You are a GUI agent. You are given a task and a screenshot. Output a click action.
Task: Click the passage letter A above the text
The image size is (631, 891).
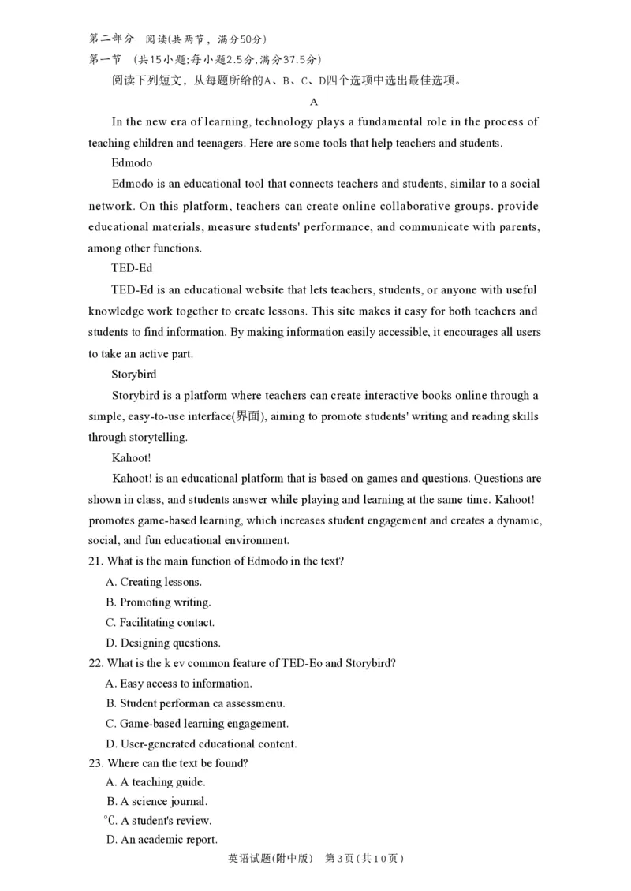(x=314, y=102)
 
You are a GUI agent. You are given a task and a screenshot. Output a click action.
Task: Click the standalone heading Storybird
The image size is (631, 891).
(x=134, y=375)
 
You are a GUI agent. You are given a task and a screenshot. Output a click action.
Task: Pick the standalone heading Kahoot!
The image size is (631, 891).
(x=132, y=457)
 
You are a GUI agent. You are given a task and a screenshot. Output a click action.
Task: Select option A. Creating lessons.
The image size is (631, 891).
(x=153, y=582)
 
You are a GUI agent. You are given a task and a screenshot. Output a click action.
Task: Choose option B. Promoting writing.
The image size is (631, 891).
(x=158, y=602)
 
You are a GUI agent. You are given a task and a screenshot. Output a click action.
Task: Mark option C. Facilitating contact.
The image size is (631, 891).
(x=159, y=622)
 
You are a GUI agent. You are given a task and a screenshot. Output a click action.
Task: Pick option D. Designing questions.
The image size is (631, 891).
(x=162, y=643)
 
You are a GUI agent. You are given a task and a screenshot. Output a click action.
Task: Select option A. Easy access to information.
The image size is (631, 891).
(x=178, y=684)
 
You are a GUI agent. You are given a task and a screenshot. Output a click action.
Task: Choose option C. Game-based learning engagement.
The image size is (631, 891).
(x=196, y=724)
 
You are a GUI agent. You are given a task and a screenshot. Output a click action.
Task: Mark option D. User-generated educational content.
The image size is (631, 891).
(x=200, y=744)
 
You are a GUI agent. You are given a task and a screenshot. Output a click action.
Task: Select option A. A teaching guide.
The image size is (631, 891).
(x=155, y=782)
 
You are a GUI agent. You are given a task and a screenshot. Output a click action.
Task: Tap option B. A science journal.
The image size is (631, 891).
(x=157, y=802)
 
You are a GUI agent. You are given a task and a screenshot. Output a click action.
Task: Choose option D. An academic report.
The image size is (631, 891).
(x=161, y=840)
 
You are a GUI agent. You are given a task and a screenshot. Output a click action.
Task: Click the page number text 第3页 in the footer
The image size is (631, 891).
(x=340, y=858)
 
